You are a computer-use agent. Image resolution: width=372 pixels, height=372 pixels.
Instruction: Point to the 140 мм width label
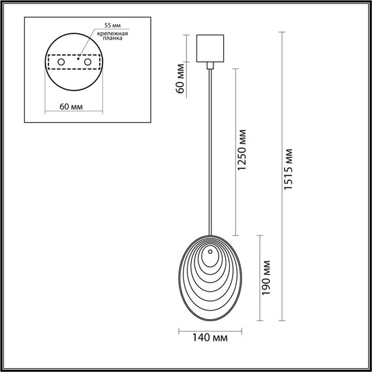point(210,338)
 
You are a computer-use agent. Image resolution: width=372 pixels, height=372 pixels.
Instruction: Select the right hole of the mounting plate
point(85,61)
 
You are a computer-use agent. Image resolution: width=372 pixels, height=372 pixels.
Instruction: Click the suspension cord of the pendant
point(210,150)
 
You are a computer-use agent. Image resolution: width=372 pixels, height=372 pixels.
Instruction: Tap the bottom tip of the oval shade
point(209,320)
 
